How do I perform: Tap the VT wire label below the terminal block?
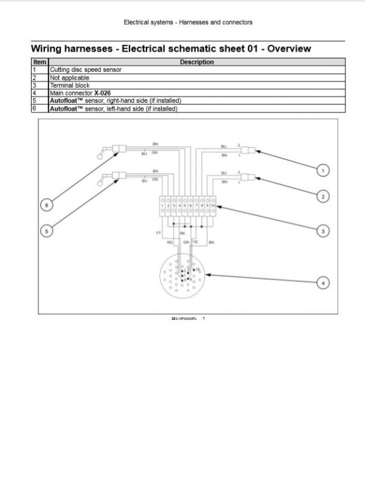pos(159,233)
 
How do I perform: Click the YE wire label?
pos(195,242)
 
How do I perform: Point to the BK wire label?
pos(182,233)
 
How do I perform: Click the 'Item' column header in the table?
pos(40,62)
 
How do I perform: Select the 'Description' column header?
pos(196,62)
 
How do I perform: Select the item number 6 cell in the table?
pos(35,108)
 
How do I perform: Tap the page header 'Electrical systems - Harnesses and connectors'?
pos(188,23)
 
